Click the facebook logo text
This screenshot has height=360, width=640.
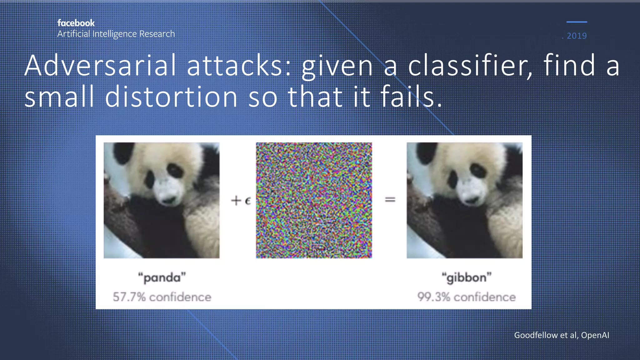[76, 23]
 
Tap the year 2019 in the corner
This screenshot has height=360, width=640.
[577, 36]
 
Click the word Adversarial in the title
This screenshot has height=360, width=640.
[100, 65]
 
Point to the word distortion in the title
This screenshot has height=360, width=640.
[171, 97]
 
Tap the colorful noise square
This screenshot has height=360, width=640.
[314, 200]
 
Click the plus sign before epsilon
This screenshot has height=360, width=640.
[236, 200]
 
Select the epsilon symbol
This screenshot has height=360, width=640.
[248, 201]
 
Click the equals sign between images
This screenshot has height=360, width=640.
[390, 199]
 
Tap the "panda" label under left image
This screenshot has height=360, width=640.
[162, 277]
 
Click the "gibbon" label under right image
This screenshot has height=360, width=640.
[466, 277]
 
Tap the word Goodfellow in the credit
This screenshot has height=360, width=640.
[536, 335]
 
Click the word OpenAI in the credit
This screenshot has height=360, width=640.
[595, 335]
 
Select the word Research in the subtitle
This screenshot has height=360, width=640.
[157, 34]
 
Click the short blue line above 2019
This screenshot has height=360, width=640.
[577, 22]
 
